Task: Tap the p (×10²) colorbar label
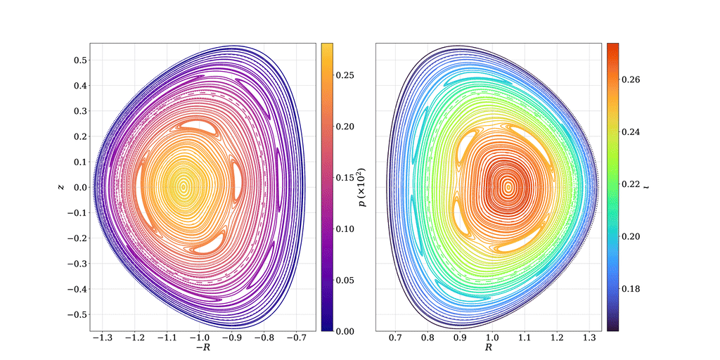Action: click(x=363, y=187)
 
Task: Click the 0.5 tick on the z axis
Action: click(x=80, y=60)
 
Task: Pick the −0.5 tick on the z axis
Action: click(x=77, y=314)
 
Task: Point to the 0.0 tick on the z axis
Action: click(x=80, y=188)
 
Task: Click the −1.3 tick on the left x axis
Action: click(x=102, y=338)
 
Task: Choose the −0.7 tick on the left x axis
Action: click(x=300, y=338)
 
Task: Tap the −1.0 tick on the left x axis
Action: click(x=200, y=338)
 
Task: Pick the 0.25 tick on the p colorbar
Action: click(x=345, y=75)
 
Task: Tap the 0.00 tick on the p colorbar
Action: click(x=345, y=330)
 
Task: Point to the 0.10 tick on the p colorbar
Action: click(x=345, y=229)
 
